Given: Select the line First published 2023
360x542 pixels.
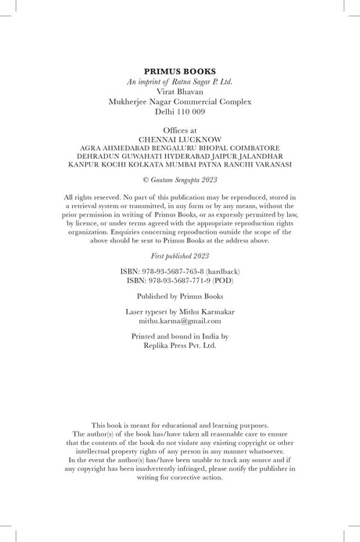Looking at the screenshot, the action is [x=180, y=257].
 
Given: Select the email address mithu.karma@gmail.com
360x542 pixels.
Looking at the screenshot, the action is [x=180, y=321].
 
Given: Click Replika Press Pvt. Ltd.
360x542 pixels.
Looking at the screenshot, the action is [x=180, y=344].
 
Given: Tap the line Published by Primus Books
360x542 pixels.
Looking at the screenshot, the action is [x=180, y=296].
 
